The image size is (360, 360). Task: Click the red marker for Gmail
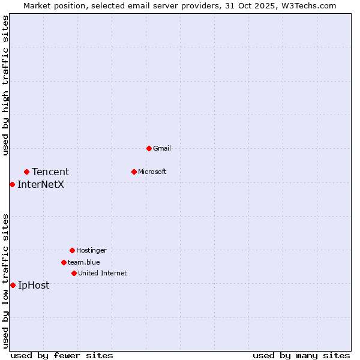pyautogui.click(x=149, y=148)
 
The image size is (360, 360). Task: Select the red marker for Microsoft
pyautogui.click(x=134, y=172)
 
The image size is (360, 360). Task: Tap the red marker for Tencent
pyautogui.click(x=26, y=172)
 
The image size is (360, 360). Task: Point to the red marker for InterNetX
pyautogui.click(x=12, y=184)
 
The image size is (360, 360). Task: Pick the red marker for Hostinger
pyautogui.click(x=72, y=250)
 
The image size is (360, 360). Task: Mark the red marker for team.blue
pyautogui.click(x=64, y=262)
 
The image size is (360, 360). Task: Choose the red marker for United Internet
pyautogui.click(x=74, y=273)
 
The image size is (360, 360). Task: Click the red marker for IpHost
pyautogui.click(x=13, y=285)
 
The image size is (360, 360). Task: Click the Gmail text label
pyautogui.click(x=162, y=148)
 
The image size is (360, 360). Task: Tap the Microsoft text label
pyautogui.click(x=152, y=172)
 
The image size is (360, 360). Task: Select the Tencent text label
pyautogui.click(x=50, y=172)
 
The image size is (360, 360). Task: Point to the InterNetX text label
pyautogui.click(x=41, y=184)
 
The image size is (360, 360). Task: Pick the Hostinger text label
pyautogui.click(x=91, y=250)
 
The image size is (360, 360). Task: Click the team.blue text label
pyautogui.click(x=84, y=262)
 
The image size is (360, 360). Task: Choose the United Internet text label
pyautogui.click(x=103, y=273)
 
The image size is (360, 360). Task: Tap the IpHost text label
pyautogui.click(x=34, y=285)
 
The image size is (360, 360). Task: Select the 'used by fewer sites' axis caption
pyautogui.click(x=62, y=355)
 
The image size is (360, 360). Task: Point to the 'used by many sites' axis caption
pyautogui.click(x=301, y=355)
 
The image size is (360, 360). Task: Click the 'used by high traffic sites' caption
pyautogui.click(x=5, y=85)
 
